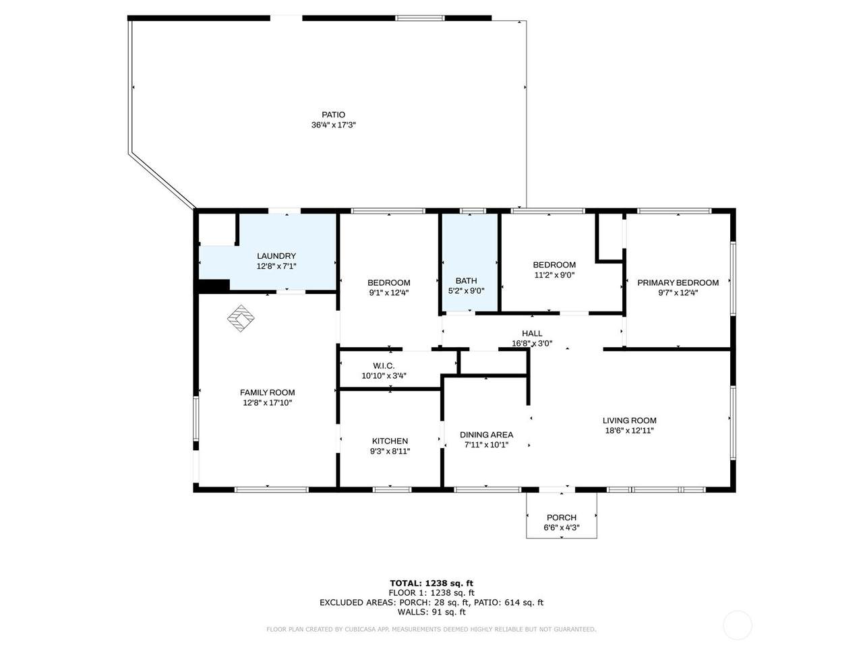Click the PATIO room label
[x=333, y=115]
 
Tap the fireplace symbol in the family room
[x=241, y=318]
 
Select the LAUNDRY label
[x=276, y=256]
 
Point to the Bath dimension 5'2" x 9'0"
[x=466, y=291]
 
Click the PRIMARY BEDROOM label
[x=678, y=283]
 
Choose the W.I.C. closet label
[x=384, y=366]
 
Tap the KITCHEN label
[x=390, y=441]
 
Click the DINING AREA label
[x=486, y=435]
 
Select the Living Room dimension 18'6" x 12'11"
[x=629, y=431]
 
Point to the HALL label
[x=532, y=334]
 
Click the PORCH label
[x=562, y=518]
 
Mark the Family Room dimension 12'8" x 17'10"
[x=268, y=402]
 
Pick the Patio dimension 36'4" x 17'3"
[x=334, y=125]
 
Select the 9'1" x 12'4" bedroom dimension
[x=389, y=292]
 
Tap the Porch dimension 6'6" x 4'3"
[x=562, y=528]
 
